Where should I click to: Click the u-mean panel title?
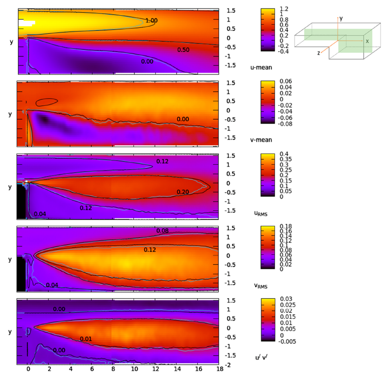click(261, 67)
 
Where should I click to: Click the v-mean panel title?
click(261, 140)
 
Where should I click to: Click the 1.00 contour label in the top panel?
click(152, 20)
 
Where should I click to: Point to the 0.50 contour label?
click(183, 50)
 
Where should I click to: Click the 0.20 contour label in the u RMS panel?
click(183, 192)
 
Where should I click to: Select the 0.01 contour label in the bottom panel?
click(86, 339)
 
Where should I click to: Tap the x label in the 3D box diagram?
click(367, 41)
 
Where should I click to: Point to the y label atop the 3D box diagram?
click(341, 18)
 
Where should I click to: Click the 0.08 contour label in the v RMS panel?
click(162, 231)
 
